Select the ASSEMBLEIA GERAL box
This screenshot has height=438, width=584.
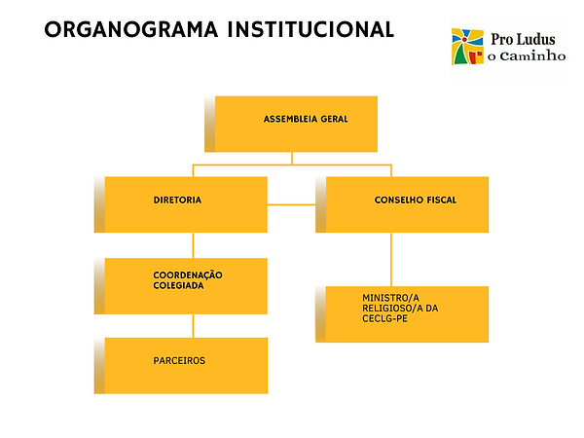296,124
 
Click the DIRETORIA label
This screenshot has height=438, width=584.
177,200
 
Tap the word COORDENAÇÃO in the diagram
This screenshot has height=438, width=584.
188,274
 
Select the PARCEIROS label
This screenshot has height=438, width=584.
179,360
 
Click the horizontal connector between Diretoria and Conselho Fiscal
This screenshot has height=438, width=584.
291,204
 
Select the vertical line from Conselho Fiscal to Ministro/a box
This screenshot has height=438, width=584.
391,259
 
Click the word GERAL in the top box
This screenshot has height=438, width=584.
332,120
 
